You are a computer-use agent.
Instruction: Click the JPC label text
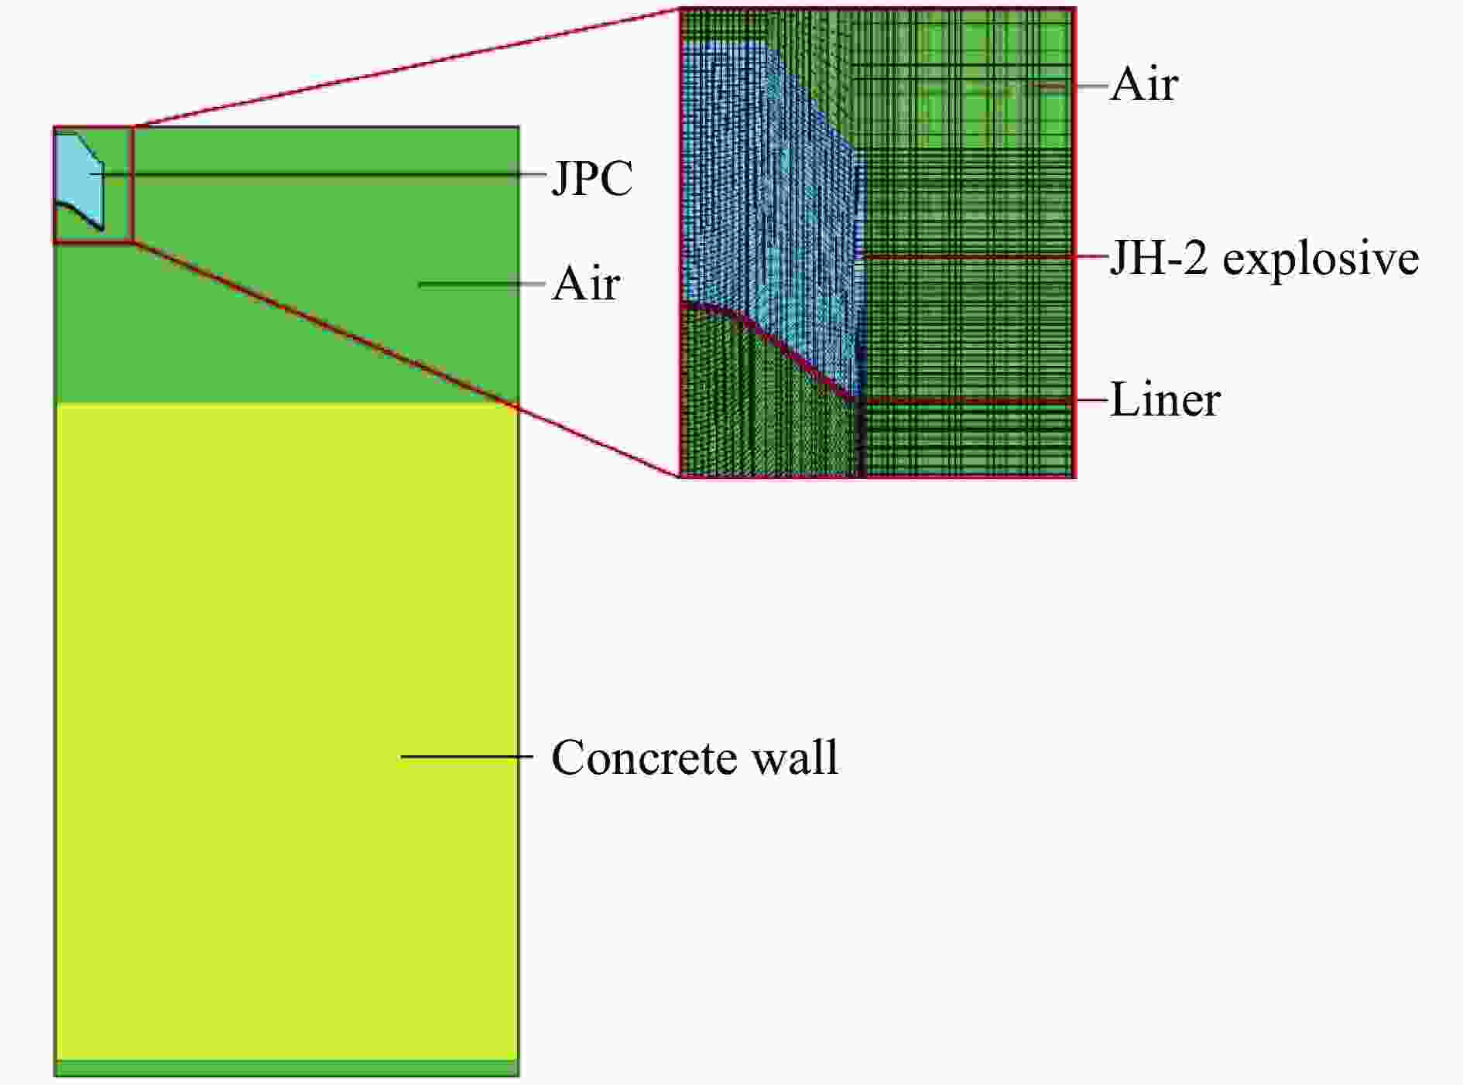pos(592,179)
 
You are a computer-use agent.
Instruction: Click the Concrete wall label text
pos(694,757)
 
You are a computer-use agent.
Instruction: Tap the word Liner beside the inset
pos(1165,400)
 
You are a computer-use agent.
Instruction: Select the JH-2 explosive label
pos(1264,258)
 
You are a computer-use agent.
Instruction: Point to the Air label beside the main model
pos(585,284)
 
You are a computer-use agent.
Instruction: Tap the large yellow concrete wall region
pos(286,732)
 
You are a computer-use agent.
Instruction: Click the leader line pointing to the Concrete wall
pos(467,756)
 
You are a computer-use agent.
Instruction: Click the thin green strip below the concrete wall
pos(286,1068)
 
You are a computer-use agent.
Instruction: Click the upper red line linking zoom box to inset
pos(407,67)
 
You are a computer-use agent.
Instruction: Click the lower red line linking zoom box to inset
pos(407,359)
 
